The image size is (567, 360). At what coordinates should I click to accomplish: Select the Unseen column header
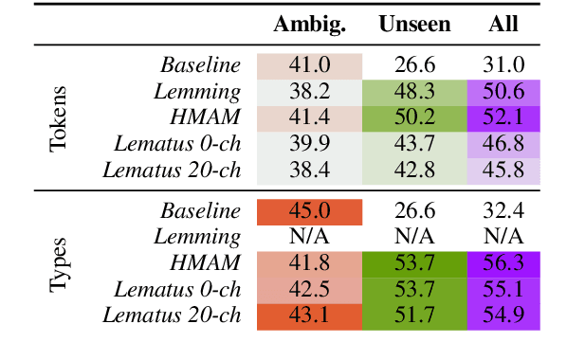pyautogui.click(x=414, y=24)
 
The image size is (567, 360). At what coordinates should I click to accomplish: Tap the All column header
pyautogui.click(x=503, y=24)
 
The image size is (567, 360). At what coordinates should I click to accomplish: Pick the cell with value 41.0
pyautogui.click(x=309, y=65)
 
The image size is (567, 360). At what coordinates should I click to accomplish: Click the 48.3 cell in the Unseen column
pyautogui.click(x=414, y=91)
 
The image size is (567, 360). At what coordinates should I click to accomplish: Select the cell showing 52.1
pyautogui.click(x=503, y=117)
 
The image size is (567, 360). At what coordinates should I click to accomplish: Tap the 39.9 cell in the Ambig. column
pyautogui.click(x=309, y=143)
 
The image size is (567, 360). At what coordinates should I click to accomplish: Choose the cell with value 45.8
pyautogui.click(x=503, y=170)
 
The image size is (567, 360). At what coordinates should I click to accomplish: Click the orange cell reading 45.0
pyautogui.click(x=309, y=211)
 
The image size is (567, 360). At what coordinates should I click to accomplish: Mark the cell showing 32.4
pyautogui.click(x=503, y=211)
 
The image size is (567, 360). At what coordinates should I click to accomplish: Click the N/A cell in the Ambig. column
pyautogui.click(x=309, y=237)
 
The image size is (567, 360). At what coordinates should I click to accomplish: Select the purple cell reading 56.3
pyautogui.click(x=503, y=263)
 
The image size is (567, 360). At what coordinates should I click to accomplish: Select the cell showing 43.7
pyautogui.click(x=414, y=143)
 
